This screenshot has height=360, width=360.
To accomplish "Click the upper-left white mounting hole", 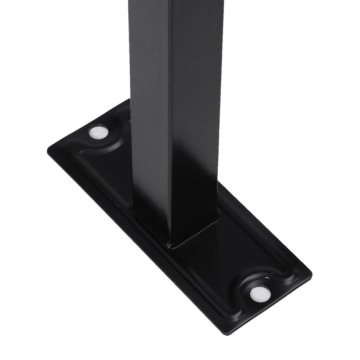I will [98, 132].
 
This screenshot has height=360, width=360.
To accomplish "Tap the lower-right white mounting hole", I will [260, 294].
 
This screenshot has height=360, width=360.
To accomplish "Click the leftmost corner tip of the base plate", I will [48, 150].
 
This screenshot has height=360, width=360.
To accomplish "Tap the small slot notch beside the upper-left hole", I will [82, 152].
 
